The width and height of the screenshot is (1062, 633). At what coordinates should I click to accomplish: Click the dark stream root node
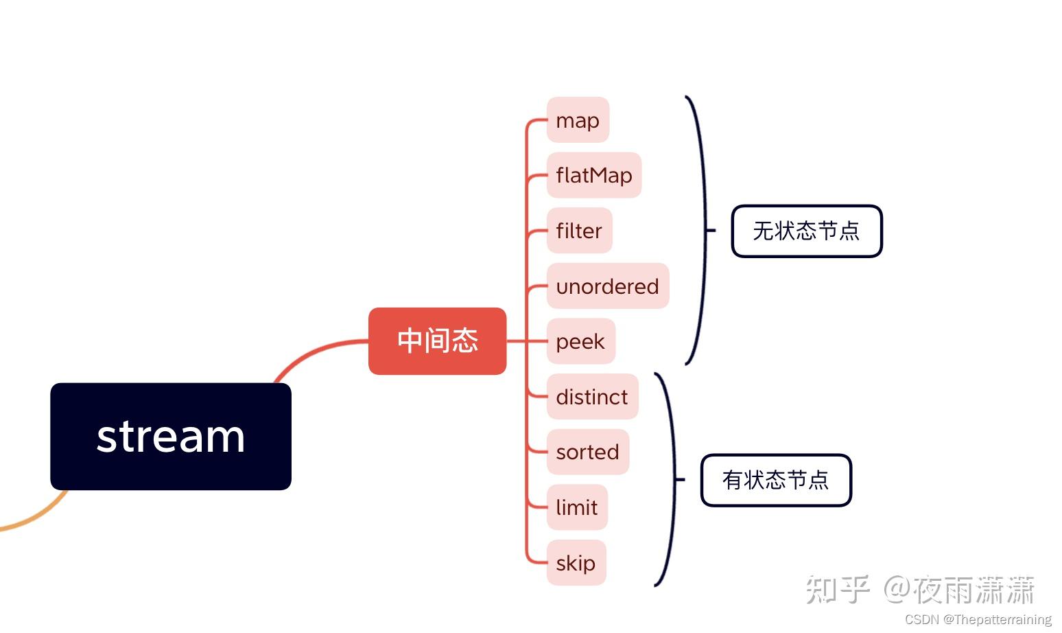point(171,436)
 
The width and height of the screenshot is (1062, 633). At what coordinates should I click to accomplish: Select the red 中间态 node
point(437,341)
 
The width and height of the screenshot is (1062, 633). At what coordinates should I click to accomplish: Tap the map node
point(578,120)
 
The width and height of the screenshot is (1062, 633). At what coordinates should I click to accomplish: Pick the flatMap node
point(593,175)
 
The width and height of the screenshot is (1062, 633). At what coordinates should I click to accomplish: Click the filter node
point(579,231)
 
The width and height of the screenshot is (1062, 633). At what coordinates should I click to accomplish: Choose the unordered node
point(607,286)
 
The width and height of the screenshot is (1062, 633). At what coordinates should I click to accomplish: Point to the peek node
point(580,341)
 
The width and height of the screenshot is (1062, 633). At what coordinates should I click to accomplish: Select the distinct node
point(592,397)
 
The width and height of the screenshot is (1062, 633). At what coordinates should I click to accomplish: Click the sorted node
point(587,452)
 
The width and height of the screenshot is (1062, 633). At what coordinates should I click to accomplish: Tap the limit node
point(577,507)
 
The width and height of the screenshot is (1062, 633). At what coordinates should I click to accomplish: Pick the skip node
point(576,563)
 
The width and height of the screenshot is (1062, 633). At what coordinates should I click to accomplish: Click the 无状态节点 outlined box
point(806,231)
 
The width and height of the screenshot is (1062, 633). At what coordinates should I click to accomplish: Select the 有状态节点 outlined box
point(775,480)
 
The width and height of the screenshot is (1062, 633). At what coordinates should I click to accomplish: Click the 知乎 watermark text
point(838,590)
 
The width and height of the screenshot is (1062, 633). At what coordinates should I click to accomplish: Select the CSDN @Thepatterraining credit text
point(978,619)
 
